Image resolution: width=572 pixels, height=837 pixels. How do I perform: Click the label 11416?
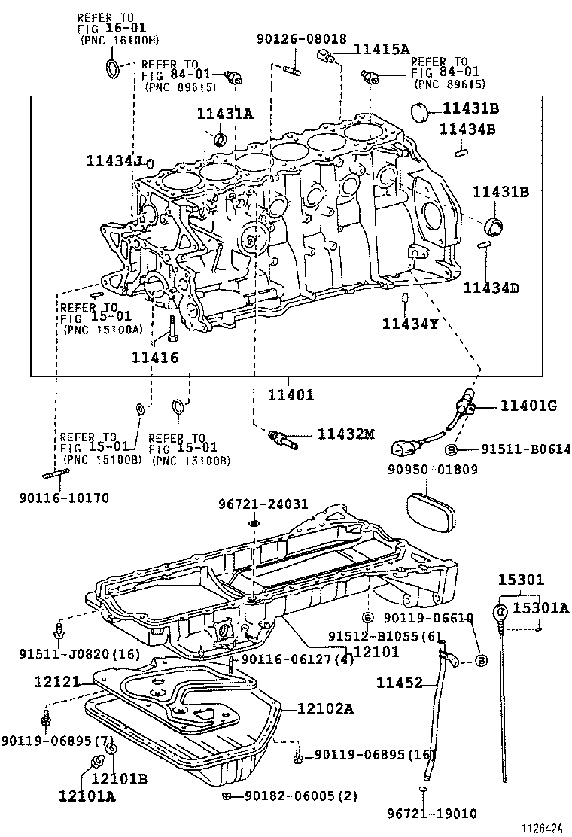click(x=156, y=357)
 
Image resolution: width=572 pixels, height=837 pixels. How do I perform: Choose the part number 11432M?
click(x=345, y=434)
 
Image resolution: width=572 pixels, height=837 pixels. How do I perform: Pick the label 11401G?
click(x=528, y=406)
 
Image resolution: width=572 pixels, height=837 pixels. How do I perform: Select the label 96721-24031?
click(x=253, y=504)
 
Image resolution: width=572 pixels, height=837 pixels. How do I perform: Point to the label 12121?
click(x=57, y=681)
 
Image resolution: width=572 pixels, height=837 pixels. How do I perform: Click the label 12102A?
click(x=325, y=708)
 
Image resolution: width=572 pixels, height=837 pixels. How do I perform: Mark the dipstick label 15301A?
click(x=541, y=607)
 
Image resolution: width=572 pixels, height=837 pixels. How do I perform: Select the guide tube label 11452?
click(x=400, y=683)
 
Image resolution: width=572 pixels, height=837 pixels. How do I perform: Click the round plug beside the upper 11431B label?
click(x=420, y=112)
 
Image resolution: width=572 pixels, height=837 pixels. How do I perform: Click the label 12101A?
click(x=87, y=795)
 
